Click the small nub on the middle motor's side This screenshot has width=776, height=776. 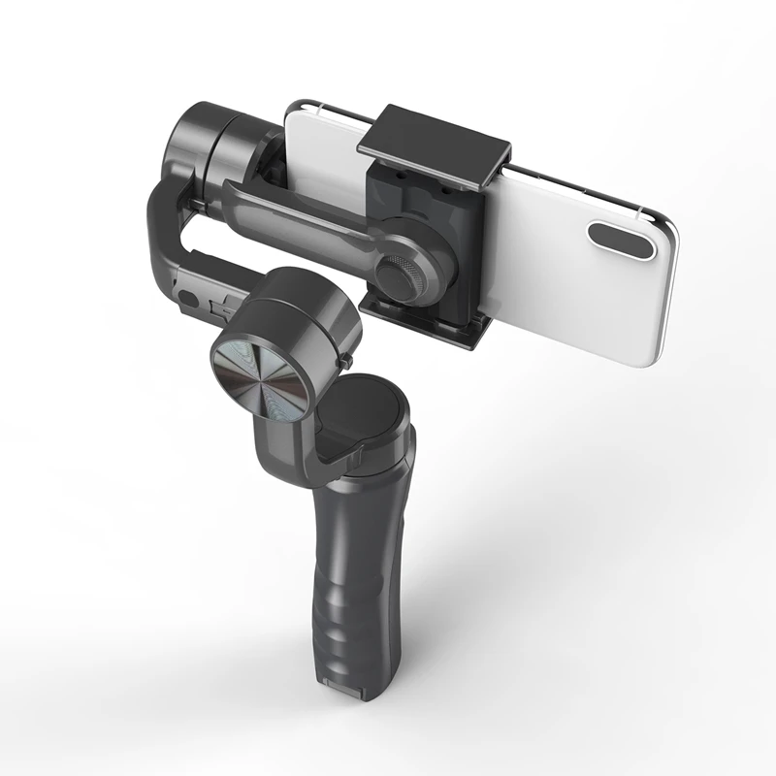(x=344, y=361)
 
